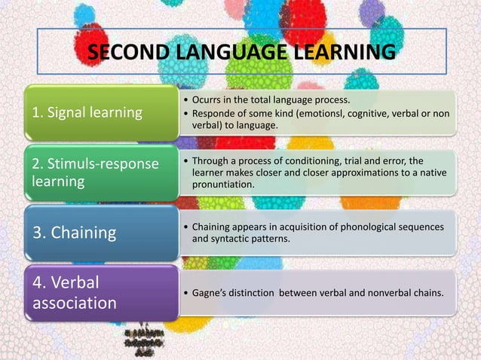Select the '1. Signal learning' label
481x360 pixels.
click(x=86, y=114)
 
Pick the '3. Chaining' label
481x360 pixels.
click(x=73, y=232)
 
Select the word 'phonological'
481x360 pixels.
click(x=354, y=227)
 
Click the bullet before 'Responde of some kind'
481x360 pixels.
click(x=186, y=113)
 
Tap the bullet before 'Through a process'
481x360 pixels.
click(x=186, y=160)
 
